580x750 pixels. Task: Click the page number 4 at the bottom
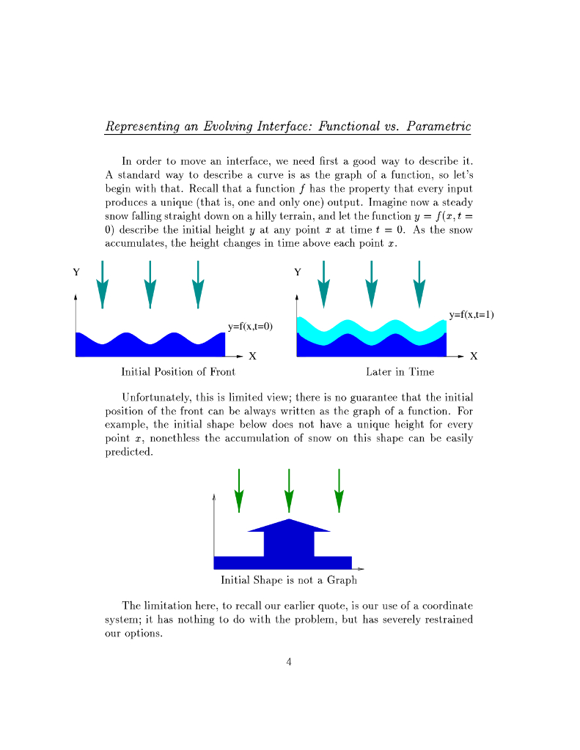(x=289, y=663)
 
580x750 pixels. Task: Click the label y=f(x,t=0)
(x=250, y=327)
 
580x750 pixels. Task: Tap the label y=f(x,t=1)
(x=471, y=315)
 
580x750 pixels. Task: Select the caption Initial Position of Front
(x=178, y=372)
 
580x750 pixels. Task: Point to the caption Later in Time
(x=400, y=372)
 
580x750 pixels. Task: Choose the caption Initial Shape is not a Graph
(x=289, y=580)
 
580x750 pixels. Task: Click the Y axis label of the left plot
(x=76, y=272)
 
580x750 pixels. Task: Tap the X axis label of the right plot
(x=474, y=357)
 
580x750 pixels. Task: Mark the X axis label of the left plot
(x=252, y=357)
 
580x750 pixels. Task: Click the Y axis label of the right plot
(x=297, y=272)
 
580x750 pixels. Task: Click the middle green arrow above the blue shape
(x=289, y=491)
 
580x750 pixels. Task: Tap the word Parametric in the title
(x=438, y=126)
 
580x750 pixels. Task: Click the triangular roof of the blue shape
(x=290, y=525)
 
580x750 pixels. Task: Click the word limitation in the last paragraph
(x=175, y=606)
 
